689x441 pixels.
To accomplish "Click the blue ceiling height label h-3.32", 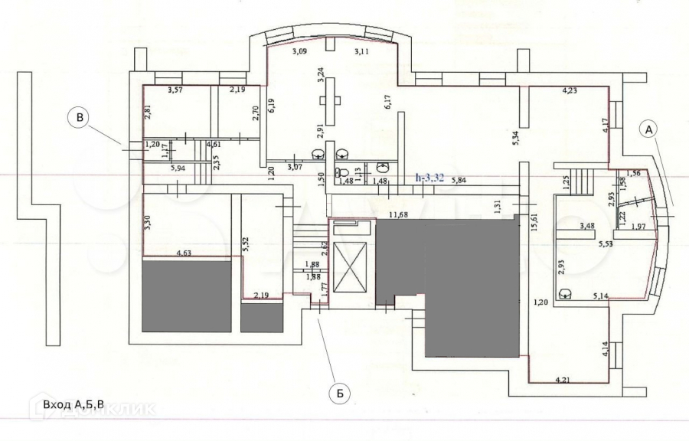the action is (429, 178).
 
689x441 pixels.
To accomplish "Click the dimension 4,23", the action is (570, 91).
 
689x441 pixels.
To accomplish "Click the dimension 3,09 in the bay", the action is (298, 52).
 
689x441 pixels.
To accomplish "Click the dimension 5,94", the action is (178, 168).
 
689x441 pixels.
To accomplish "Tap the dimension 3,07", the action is (295, 167).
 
